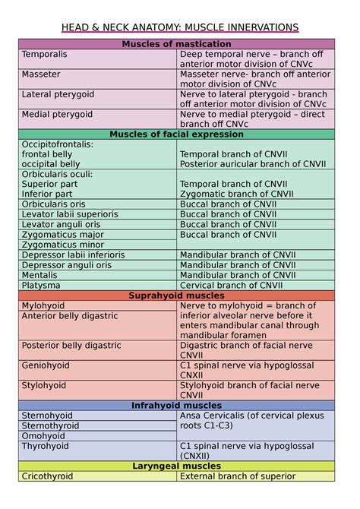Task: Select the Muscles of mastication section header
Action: [176, 44]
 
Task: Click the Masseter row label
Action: [41, 74]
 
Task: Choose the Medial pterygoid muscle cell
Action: [57, 114]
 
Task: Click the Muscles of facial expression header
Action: [176, 134]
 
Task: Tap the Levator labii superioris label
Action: [70, 214]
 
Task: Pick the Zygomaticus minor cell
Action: [63, 245]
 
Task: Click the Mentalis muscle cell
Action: [39, 275]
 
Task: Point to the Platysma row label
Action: [40, 285]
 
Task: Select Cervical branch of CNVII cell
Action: [231, 285]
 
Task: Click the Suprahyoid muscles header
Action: [176, 296]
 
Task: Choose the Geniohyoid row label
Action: [46, 365]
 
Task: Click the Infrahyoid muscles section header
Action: [176, 406]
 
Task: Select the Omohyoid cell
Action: [43, 436]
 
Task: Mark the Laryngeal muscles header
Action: [176, 466]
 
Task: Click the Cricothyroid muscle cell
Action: [47, 476]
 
